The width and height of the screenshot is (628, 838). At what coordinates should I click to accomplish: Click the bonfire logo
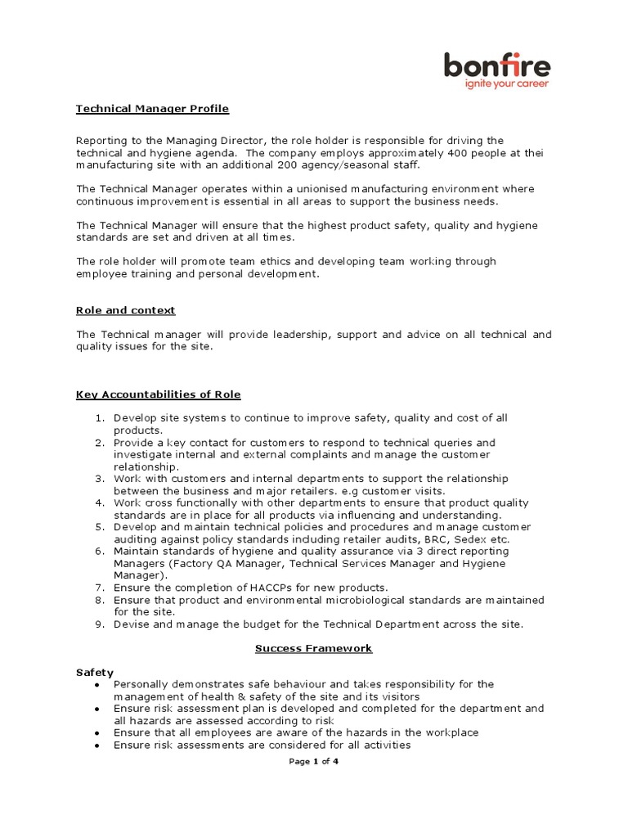click(x=497, y=65)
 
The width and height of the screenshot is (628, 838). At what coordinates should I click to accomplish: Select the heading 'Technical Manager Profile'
click(x=153, y=108)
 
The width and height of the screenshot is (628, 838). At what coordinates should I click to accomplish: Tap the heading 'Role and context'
click(x=125, y=311)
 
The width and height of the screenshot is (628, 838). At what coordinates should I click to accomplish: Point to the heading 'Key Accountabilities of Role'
click(x=159, y=394)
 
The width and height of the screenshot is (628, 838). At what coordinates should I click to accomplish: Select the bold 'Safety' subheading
click(x=94, y=672)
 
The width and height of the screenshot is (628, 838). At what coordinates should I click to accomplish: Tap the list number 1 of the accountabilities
click(x=99, y=418)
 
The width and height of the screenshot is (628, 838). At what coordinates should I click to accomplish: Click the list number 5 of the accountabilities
click(x=99, y=527)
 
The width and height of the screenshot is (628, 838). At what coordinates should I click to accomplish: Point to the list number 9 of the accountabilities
click(x=99, y=624)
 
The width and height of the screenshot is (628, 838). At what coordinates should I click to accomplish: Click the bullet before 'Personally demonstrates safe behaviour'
click(x=98, y=684)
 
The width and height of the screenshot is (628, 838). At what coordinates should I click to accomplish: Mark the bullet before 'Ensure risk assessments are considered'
click(x=98, y=746)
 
